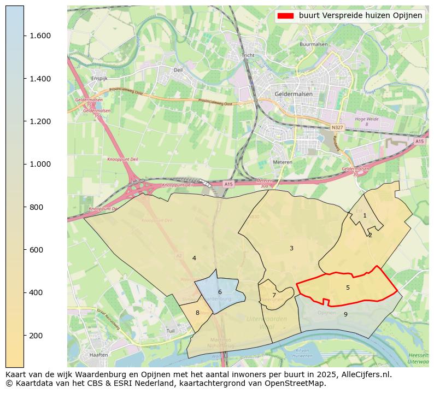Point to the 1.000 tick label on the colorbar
click(39, 164)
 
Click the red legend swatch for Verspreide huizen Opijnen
click(285, 15)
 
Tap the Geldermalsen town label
click(289, 94)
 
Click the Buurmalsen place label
click(313, 44)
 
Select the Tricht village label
click(248, 55)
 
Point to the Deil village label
click(178, 70)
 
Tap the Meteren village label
click(283, 162)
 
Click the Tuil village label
click(170, 331)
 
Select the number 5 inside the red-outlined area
click(348, 288)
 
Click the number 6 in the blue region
click(220, 292)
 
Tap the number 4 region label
click(194, 258)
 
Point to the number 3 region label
click(291, 248)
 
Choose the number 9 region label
click(345, 314)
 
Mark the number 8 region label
click(197, 313)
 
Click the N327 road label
click(337, 127)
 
